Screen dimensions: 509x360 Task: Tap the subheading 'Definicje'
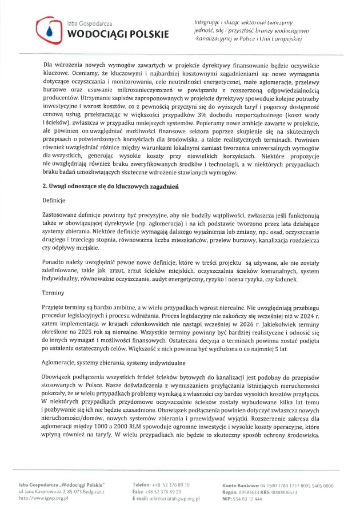tap(55, 201)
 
